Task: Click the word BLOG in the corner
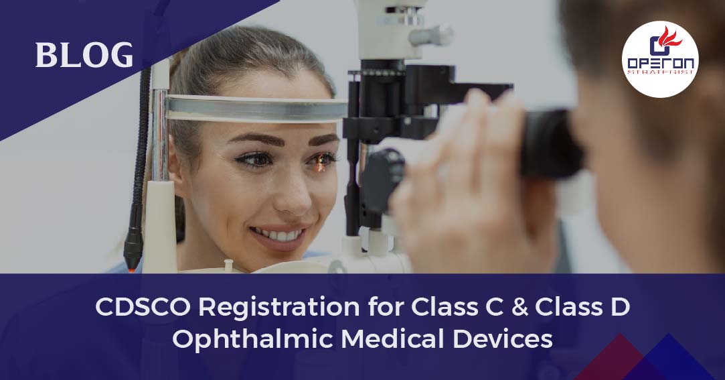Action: tap(84, 55)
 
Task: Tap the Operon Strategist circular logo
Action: tap(659, 59)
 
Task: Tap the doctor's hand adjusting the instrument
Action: tap(462, 188)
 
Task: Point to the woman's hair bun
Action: tap(177, 67)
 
